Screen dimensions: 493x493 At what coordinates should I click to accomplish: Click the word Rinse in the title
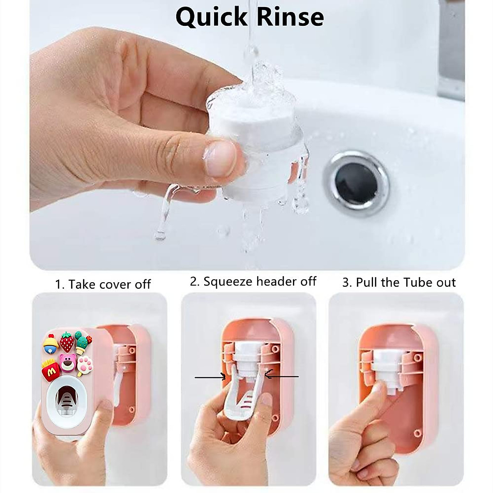288,17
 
